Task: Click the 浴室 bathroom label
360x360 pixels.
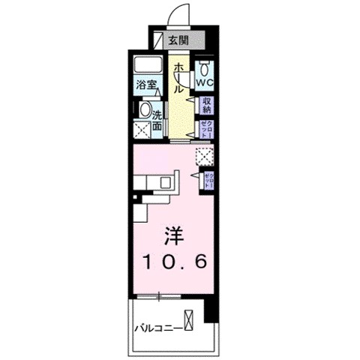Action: [x=147, y=85]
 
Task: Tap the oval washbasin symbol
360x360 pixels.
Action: [x=145, y=109]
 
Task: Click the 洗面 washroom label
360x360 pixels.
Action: [x=158, y=121]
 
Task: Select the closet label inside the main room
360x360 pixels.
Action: [x=210, y=180]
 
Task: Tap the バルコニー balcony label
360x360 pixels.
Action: [x=158, y=328]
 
